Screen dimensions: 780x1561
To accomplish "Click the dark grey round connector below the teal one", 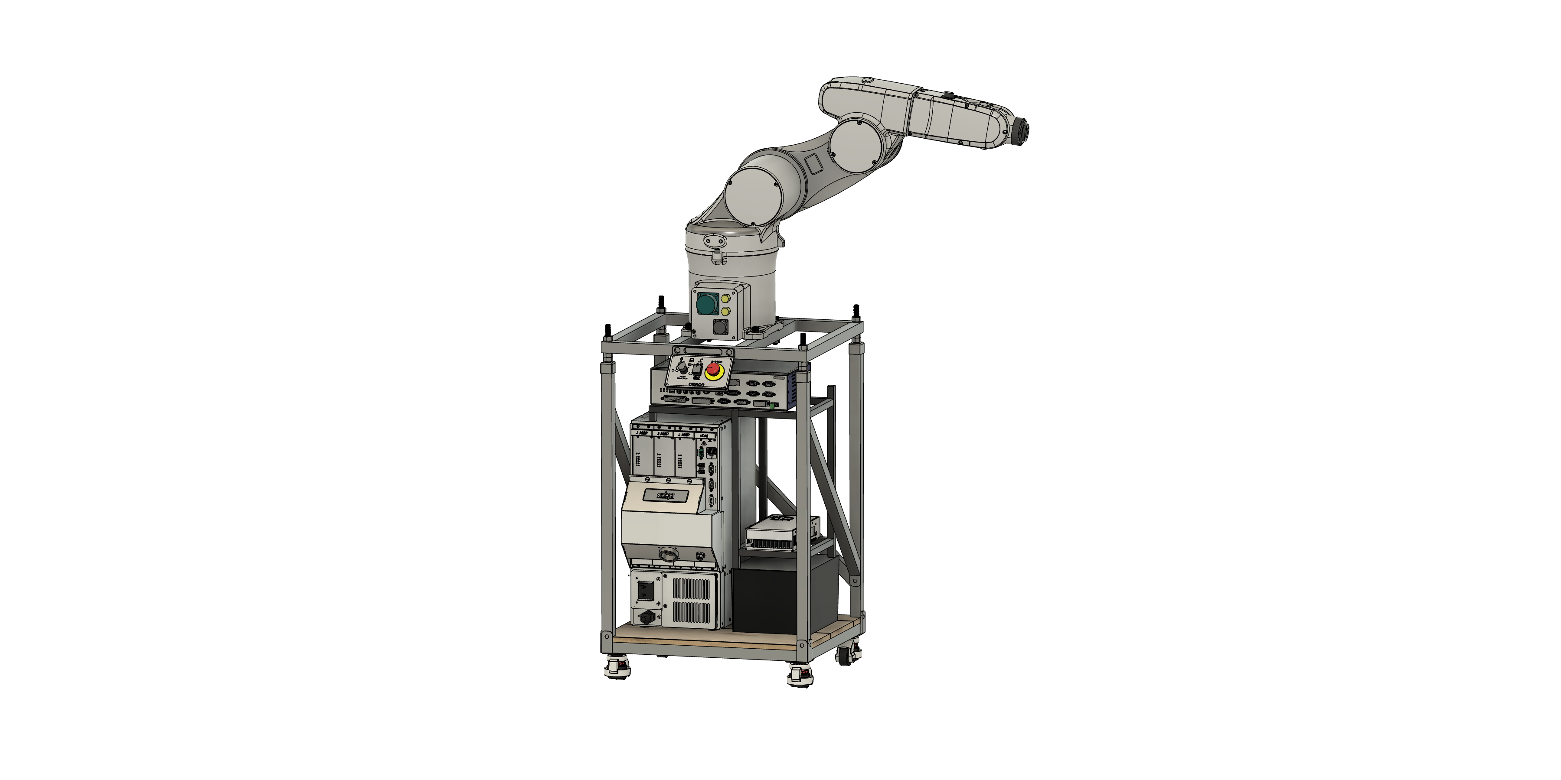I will (720, 327).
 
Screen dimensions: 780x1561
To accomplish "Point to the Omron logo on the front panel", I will (696, 384).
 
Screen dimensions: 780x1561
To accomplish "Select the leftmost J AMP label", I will (642, 434).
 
